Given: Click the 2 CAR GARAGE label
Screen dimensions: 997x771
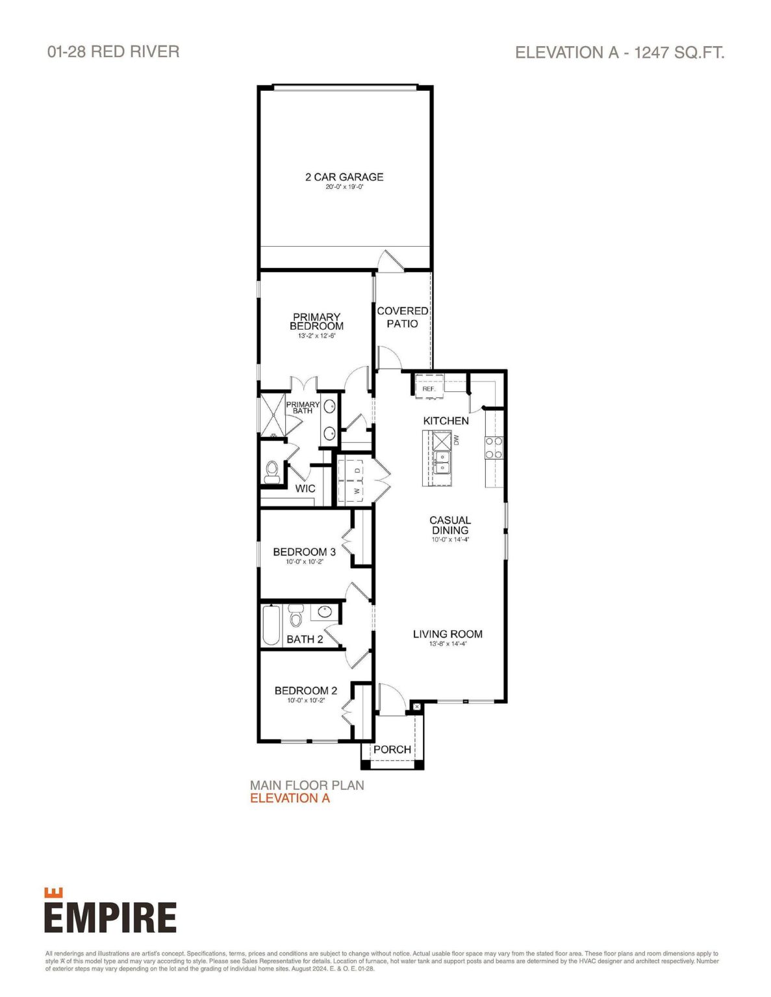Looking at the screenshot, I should [344, 177].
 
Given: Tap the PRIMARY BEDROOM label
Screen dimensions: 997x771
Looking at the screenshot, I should [316, 322].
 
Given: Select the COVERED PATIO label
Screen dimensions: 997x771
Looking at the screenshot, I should [403, 317].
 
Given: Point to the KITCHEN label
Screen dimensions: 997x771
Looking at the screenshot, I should [446, 421].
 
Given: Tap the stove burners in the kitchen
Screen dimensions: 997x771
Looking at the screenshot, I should [494, 447].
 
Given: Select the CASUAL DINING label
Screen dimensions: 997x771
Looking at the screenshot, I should [450, 525].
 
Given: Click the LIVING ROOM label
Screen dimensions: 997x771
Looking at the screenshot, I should [448, 634].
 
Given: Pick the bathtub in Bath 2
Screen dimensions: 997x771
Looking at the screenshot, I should [271, 625].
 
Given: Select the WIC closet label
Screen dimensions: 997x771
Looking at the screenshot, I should [305, 489].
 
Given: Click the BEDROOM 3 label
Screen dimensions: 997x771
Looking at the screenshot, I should [304, 552].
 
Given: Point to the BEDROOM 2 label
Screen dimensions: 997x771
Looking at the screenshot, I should [305, 691].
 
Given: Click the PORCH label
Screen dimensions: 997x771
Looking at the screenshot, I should [392, 749].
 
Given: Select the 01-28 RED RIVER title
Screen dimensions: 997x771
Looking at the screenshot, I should [114, 51].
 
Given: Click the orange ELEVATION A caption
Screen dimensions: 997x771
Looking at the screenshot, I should [290, 798].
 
